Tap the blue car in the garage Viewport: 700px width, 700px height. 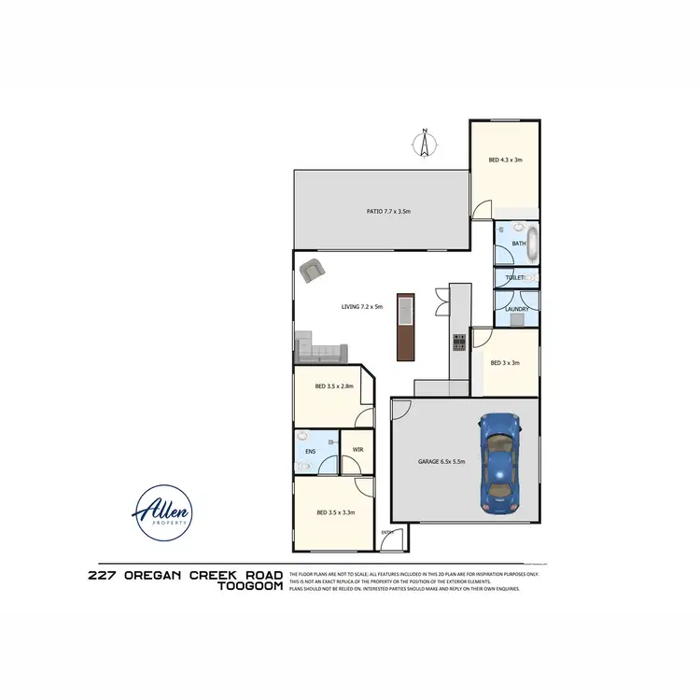[500, 461]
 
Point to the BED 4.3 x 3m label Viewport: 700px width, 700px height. [505, 160]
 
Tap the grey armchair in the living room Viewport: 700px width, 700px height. [313, 271]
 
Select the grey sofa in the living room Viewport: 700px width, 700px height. [321, 351]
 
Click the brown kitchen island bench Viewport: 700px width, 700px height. [405, 327]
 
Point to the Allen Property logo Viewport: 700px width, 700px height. [164, 512]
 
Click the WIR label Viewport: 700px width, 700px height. [357, 450]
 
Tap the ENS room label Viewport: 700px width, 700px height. [310, 452]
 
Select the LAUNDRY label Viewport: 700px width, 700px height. [517, 309]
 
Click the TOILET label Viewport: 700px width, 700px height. [514, 278]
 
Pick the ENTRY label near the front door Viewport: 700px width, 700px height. [387, 532]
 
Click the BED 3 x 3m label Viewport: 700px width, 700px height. [504, 363]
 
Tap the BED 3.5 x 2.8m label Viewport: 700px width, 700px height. [334, 385]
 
